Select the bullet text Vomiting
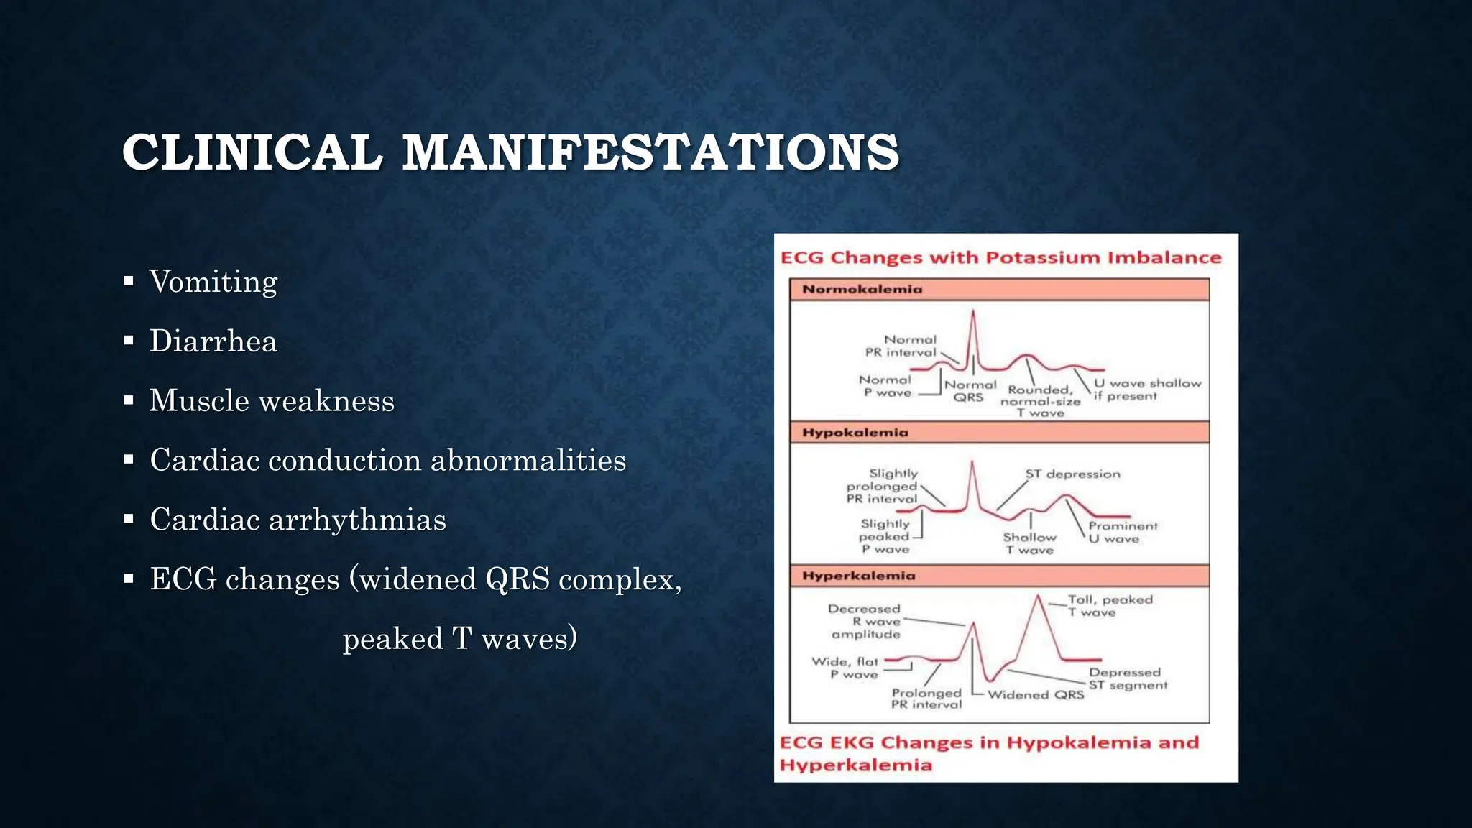pyautogui.click(x=213, y=281)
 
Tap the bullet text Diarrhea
pyautogui.click(x=213, y=341)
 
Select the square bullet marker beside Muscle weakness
pyautogui.click(x=129, y=400)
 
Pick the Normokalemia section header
pyautogui.click(x=862, y=289)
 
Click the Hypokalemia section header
pyautogui.click(x=855, y=432)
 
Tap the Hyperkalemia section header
pyautogui.click(x=858, y=576)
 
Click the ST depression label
pyautogui.click(x=1072, y=474)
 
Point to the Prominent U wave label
pyautogui.click(x=1122, y=532)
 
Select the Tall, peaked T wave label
pyautogui.click(x=1109, y=605)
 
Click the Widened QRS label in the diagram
pyautogui.click(x=1035, y=694)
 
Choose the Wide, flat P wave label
pyautogui.click(x=845, y=668)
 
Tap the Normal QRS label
pyautogui.click(x=970, y=390)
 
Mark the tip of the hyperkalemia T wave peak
pyautogui.click(x=1038, y=596)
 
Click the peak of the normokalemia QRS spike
pyautogui.click(x=973, y=311)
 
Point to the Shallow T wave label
pyautogui.click(x=1029, y=543)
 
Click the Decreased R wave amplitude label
pyautogui.click(x=865, y=621)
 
